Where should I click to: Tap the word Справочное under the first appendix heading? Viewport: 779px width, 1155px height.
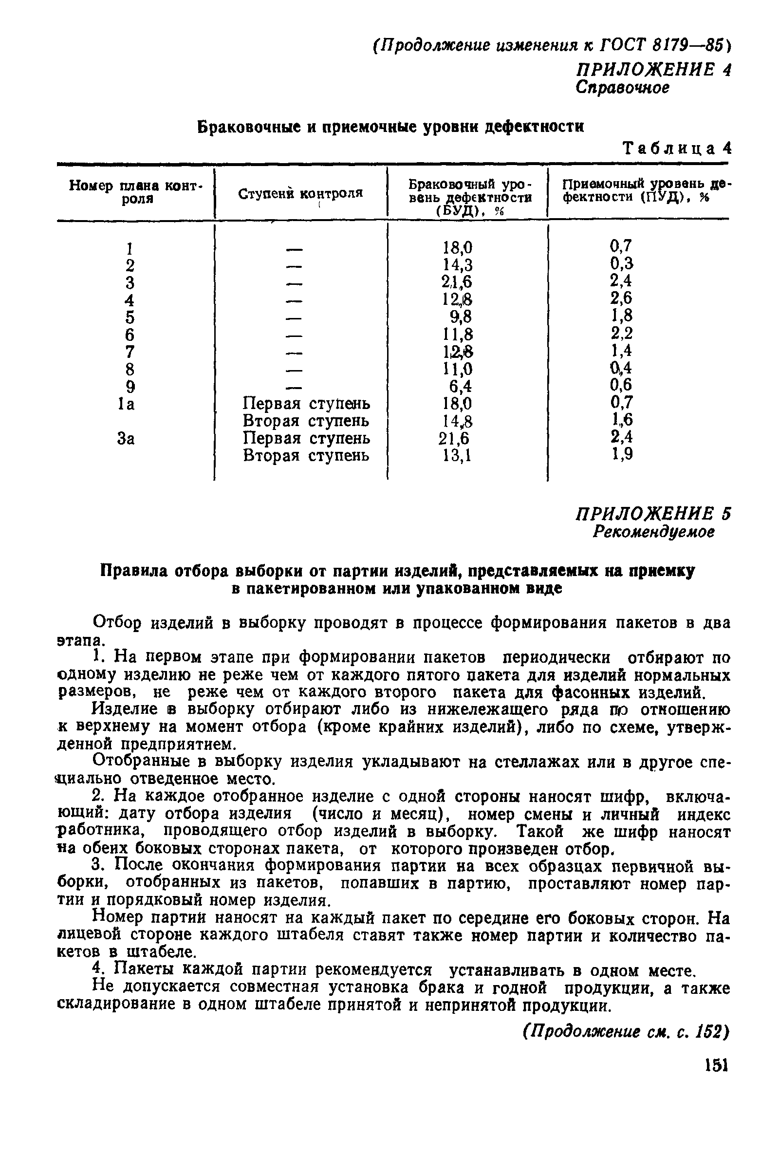click(x=623, y=88)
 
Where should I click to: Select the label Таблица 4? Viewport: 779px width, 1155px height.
click(x=677, y=149)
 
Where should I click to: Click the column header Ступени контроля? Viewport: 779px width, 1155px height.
click(x=300, y=193)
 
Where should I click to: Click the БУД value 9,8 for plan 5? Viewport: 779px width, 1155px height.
click(x=461, y=317)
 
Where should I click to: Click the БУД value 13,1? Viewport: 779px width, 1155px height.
click(x=457, y=455)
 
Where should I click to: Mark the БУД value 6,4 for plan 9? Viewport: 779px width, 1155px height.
click(x=461, y=387)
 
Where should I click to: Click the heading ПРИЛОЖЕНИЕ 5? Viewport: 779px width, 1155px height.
click(x=653, y=514)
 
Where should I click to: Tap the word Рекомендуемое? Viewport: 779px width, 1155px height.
click(x=654, y=532)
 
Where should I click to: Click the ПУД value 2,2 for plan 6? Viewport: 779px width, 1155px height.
click(x=622, y=334)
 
